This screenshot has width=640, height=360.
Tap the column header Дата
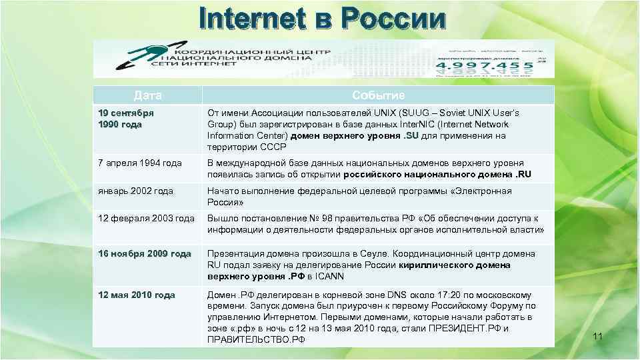(147, 95)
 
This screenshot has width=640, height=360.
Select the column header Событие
(378, 95)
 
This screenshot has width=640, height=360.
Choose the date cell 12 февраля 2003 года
(146, 219)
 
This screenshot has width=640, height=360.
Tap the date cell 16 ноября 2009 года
(145, 254)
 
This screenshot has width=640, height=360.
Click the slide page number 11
(597, 336)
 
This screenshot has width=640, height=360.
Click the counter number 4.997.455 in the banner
(485, 65)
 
